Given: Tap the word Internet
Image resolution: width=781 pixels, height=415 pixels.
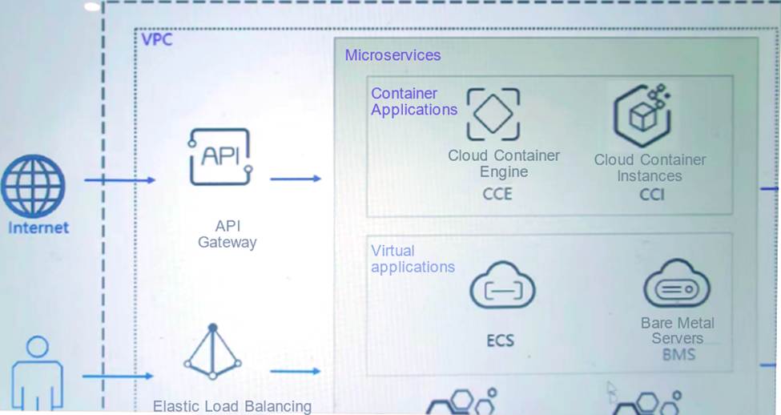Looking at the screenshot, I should (38, 228).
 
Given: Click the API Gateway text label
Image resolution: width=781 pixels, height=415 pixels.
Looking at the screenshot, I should (227, 234).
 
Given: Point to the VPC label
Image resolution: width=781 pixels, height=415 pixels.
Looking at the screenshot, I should (156, 40).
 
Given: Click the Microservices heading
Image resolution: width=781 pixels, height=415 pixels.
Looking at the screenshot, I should (393, 55).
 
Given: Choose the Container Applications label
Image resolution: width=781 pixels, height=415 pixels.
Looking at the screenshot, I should (413, 102).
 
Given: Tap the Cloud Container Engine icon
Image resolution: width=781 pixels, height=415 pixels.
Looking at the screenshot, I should (493, 115).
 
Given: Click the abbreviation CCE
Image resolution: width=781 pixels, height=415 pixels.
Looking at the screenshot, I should (497, 194).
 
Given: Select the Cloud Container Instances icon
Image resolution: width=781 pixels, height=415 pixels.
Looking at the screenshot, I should (642, 115).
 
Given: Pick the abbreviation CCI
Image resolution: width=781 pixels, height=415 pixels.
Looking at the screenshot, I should (651, 195).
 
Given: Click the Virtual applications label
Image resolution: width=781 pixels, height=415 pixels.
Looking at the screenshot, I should (412, 259).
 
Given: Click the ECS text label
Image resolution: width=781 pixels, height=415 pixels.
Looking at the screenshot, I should (500, 340).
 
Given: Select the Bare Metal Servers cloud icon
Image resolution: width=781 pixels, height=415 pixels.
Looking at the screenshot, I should (677, 285).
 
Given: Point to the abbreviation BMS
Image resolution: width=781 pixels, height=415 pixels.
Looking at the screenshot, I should (678, 355).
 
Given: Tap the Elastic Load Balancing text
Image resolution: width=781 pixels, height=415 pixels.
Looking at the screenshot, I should (232, 406).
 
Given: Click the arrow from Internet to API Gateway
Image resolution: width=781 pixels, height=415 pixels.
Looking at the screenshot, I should (120, 180).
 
